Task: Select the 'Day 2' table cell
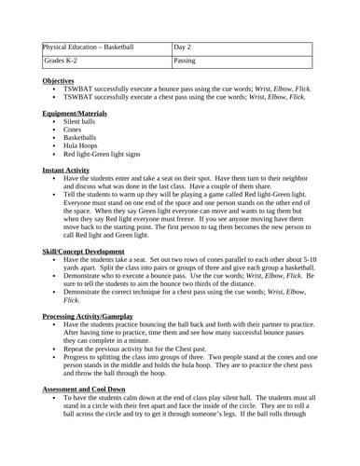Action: pos(186,47)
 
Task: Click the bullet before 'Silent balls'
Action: pos(54,121)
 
